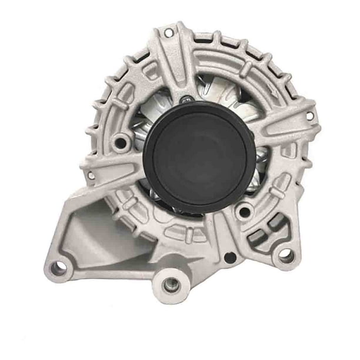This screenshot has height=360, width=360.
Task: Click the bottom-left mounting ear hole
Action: (59, 268)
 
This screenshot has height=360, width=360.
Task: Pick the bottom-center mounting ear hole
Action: (172, 284)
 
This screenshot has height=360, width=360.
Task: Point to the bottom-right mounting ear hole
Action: (285, 255)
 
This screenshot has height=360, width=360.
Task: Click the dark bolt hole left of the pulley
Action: (122, 141)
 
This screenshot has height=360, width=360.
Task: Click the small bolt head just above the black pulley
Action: (186, 99)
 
